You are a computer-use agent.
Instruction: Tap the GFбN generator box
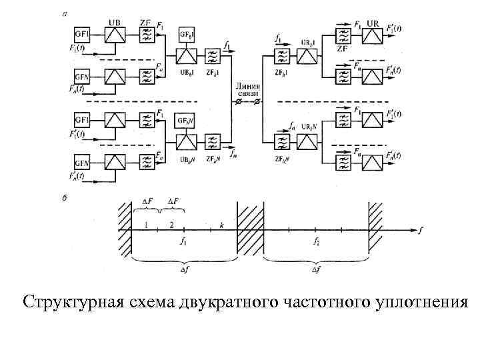pos(185,120)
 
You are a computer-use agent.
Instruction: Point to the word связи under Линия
pos(247,94)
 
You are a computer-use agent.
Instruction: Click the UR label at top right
pos(373,23)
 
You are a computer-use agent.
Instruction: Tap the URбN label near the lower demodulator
pos(309,127)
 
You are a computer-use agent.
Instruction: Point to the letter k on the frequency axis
pos(221,226)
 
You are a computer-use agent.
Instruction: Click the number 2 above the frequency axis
pos(171,225)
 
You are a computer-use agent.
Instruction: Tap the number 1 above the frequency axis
pos(145,225)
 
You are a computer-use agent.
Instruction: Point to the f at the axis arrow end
pos(421,230)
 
